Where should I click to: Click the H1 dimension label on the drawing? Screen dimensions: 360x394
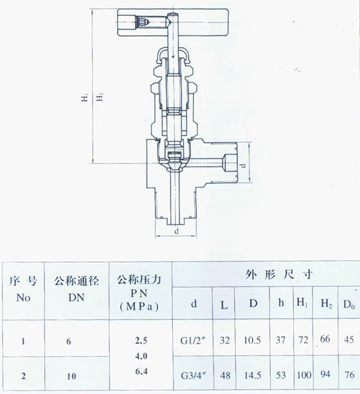(85, 98)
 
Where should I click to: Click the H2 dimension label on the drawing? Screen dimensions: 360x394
(100, 97)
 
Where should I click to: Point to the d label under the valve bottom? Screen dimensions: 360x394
(177, 231)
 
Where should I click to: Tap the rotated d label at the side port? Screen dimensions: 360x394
(242, 165)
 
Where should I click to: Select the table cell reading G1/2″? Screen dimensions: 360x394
(193, 341)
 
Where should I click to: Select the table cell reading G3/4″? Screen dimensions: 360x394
(194, 375)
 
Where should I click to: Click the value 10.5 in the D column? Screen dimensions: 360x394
(253, 340)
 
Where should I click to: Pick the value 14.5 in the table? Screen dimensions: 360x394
(253, 375)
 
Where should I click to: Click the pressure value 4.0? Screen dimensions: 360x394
(141, 356)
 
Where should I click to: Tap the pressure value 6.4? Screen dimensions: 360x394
(141, 371)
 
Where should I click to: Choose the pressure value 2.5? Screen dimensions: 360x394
(141, 341)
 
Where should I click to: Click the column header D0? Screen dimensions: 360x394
(349, 305)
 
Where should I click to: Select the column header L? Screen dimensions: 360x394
(224, 305)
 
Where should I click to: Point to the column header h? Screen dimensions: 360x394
(281, 303)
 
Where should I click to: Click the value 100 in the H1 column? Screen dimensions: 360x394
(304, 375)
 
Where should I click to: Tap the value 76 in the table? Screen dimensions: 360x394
(349, 375)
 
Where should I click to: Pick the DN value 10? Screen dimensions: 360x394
(71, 376)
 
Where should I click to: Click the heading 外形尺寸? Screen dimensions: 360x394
(279, 274)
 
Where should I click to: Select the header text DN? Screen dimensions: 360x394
(76, 298)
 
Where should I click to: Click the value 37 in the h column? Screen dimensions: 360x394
(280, 340)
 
